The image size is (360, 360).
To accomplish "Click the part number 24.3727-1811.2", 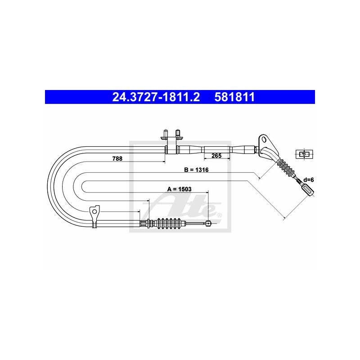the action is coord(156,97).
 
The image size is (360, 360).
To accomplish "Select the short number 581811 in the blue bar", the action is coord(234,97).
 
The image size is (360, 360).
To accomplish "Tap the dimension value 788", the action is coord(117,158).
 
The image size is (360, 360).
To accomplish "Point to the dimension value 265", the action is coord(216,156).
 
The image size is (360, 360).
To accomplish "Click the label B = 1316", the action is coord(196,170).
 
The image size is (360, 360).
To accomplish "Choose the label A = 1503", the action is coord(179,189).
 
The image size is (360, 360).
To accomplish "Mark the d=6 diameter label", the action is coord(308,180).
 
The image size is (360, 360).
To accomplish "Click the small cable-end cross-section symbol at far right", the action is coord(304,154).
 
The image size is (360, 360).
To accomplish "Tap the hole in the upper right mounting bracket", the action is coord(264,139).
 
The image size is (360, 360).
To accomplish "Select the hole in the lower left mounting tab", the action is coord(94,211).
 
